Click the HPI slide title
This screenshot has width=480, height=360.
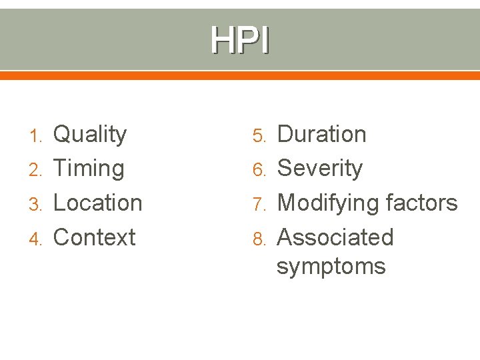[x=240, y=40]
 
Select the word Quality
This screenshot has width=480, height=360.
[x=89, y=135]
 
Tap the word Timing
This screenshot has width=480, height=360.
[x=88, y=169]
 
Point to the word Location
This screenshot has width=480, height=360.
[x=97, y=203]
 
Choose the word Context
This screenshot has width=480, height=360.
[x=94, y=237]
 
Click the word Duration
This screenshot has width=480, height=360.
[x=321, y=134]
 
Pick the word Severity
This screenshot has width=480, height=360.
[x=319, y=169]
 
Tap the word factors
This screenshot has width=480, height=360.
[x=421, y=203]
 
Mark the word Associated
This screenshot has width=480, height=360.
[x=335, y=237]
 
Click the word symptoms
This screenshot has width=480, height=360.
[x=331, y=267]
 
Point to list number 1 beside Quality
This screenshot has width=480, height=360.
[x=37, y=135]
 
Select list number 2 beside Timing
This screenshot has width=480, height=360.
[x=37, y=169]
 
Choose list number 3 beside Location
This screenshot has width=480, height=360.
[x=37, y=203]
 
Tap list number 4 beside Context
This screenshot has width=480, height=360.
[x=37, y=238]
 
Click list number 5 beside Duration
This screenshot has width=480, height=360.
[x=261, y=135]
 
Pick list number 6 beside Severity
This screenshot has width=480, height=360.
[x=261, y=169]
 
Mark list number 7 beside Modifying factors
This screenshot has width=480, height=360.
[x=261, y=203]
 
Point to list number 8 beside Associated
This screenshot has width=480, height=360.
[x=261, y=238]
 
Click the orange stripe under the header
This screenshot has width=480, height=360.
[x=240, y=75]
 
